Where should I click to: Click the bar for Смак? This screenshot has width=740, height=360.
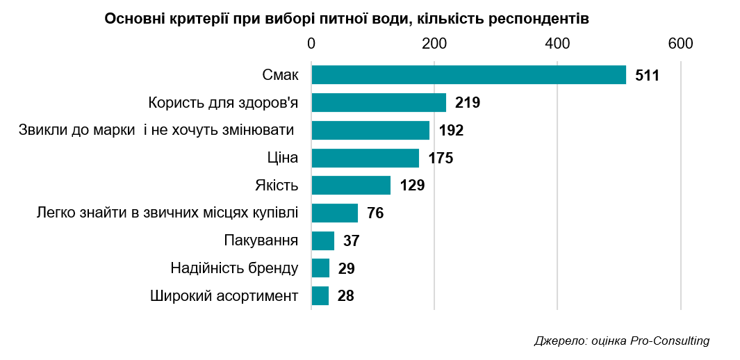click(468, 75)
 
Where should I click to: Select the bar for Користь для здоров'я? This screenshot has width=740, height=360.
click(379, 103)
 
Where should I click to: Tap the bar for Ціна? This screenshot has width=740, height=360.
click(365, 158)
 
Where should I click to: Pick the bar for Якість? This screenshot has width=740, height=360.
click(351, 186)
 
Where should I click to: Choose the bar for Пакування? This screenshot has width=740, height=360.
click(323, 241)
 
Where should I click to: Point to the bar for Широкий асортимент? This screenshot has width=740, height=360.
click(320, 296)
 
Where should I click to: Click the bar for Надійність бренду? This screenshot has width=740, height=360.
click(320, 268)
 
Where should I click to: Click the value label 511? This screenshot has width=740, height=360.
click(647, 75)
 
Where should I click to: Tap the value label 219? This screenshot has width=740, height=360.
click(468, 103)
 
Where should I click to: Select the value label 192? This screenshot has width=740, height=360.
click(451, 131)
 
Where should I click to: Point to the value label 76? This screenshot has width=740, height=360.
click(375, 213)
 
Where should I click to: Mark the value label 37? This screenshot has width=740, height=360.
click(351, 241)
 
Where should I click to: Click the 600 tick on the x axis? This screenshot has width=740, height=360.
click(680, 43)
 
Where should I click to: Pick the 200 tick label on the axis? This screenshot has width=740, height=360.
click(434, 43)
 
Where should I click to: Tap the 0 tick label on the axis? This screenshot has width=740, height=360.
click(311, 43)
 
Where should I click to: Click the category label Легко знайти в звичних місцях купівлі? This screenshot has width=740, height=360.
click(167, 213)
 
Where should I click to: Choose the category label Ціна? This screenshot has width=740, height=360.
click(283, 158)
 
